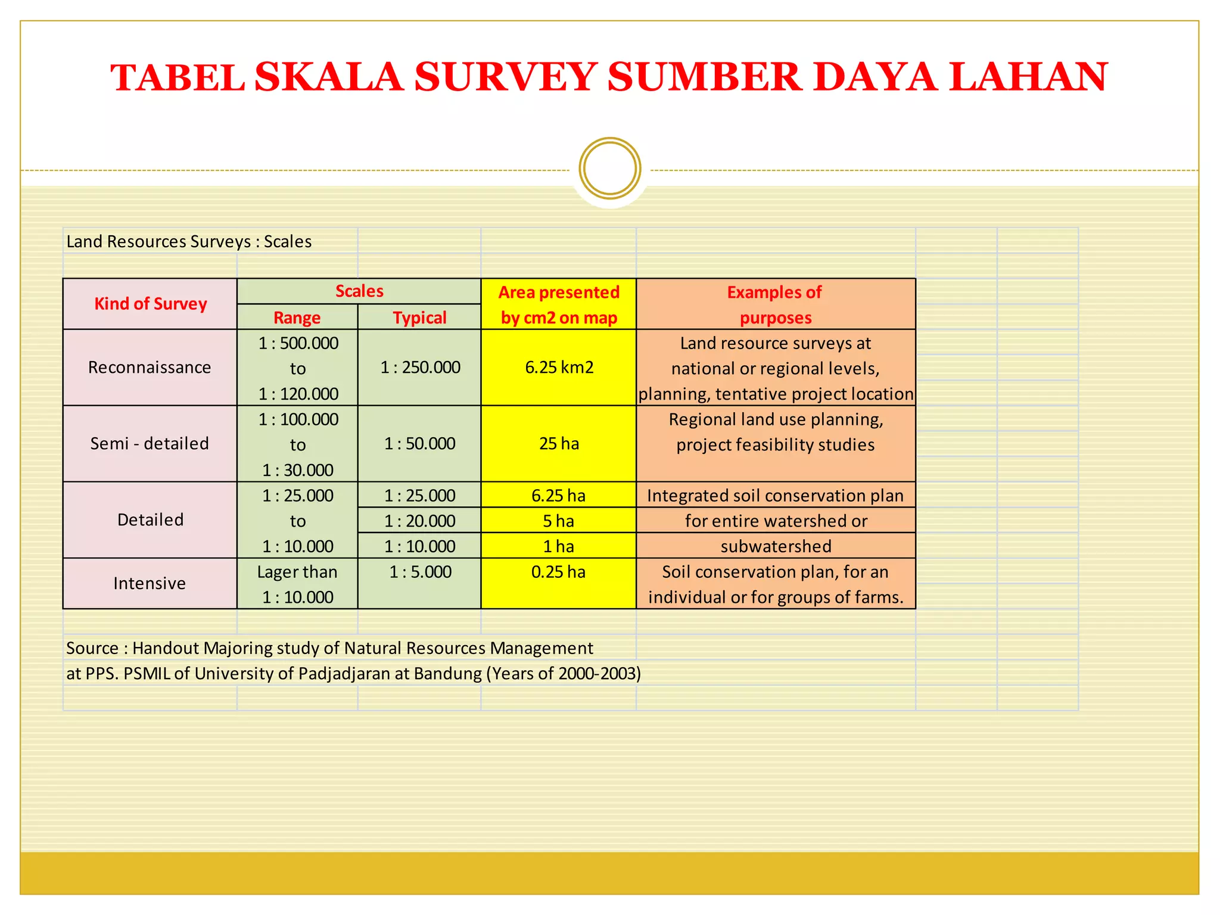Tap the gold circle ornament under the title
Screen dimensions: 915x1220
pos(609,169)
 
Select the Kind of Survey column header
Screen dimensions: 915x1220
pos(150,304)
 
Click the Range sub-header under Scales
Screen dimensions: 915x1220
pos(297,318)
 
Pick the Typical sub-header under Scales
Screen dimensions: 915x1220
pos(419,318)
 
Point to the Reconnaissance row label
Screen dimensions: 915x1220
pos(150,368)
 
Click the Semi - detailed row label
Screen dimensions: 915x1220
pos(150,444)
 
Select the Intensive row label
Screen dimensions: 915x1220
pos(150,583)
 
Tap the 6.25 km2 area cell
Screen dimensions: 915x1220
pos(559,368)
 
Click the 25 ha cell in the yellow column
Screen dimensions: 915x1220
pos(559,444)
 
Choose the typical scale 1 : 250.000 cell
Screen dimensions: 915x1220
pos(420,368)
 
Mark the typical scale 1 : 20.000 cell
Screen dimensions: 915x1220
pos(419,521)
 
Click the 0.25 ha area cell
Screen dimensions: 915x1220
pos(558,572)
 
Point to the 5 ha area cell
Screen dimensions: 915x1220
pos(558,521)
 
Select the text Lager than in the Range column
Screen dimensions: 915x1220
pos(297,572)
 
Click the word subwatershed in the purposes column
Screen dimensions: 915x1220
pos(776,546)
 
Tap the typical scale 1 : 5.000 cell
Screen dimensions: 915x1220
pos(420,572)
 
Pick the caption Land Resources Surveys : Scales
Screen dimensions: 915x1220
pos(189,242)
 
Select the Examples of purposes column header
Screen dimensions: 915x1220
pos(775,304)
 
